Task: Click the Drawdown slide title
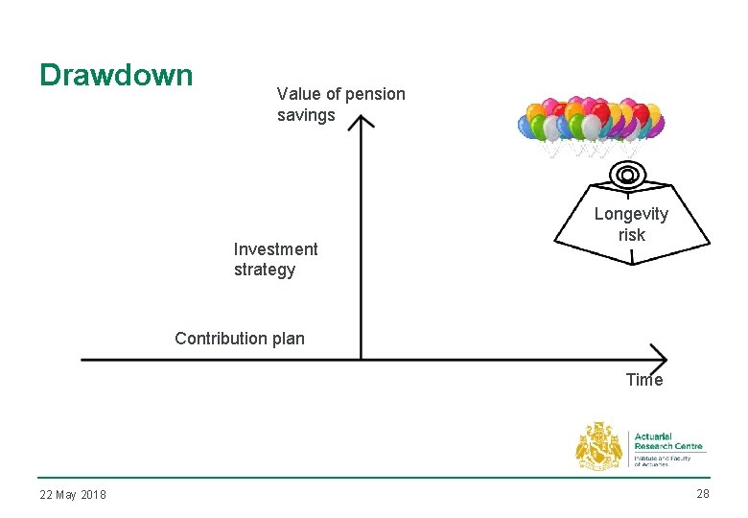pos(116,75)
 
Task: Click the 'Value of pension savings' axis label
pos(340,105)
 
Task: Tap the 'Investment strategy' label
pos(275,259)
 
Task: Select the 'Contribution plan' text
pos(240,338)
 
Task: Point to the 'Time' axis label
pos(643,380)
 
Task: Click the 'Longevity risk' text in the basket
pos(631,224)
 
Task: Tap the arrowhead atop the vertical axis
pos(361,122)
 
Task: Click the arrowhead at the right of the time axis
pos(660,356)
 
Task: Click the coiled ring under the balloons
pos(627,175)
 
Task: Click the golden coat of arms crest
pos(599,447)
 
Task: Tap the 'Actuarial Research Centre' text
pos(668,441)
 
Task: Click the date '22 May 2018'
pos(73,495)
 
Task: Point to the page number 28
pos(703,494)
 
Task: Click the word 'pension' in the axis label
pos(376,94)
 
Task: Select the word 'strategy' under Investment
pos(265,270)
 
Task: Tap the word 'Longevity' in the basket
pos(631,214)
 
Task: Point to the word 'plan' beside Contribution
pos(287,338)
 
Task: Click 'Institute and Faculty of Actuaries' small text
pos(663,460)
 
